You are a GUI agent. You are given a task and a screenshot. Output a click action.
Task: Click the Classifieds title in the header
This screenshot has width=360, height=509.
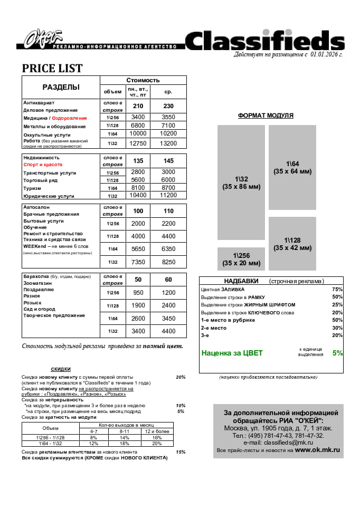point(264,41)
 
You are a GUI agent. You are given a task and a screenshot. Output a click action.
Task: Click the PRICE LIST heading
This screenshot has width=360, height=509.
point(52,69)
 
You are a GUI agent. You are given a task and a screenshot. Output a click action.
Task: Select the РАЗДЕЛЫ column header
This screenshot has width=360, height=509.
point(61,87)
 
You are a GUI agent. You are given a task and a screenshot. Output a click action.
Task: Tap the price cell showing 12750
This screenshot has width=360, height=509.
point(138,143)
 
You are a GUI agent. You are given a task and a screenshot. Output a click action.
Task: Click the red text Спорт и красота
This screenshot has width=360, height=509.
point(43,165)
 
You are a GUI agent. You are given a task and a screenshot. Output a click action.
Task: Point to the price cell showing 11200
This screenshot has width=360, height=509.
point(168,195)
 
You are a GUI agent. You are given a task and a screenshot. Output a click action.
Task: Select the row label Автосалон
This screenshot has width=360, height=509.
point(36,207)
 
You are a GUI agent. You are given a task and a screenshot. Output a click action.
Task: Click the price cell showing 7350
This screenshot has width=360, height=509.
point(138,262)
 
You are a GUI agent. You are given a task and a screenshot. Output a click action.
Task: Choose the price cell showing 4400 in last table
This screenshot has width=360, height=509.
point(168,331)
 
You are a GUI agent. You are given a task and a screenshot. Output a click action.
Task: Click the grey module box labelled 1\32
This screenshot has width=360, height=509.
point(241,183)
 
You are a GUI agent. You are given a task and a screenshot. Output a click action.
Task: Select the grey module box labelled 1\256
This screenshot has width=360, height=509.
point(241,259)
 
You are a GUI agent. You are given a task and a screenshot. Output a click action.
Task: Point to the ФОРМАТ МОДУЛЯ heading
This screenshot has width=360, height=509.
point(266,116)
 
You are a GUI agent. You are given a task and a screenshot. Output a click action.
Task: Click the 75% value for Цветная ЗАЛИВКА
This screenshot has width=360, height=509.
point(337,290)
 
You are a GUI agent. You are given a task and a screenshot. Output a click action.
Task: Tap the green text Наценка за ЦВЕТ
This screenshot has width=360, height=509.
point(232,353)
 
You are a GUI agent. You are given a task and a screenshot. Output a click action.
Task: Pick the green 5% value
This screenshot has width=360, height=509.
point(337,353)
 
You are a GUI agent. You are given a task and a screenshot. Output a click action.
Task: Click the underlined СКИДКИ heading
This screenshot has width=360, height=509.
point(61,369)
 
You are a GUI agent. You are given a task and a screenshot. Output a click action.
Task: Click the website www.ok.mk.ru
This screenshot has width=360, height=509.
point(317,450)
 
